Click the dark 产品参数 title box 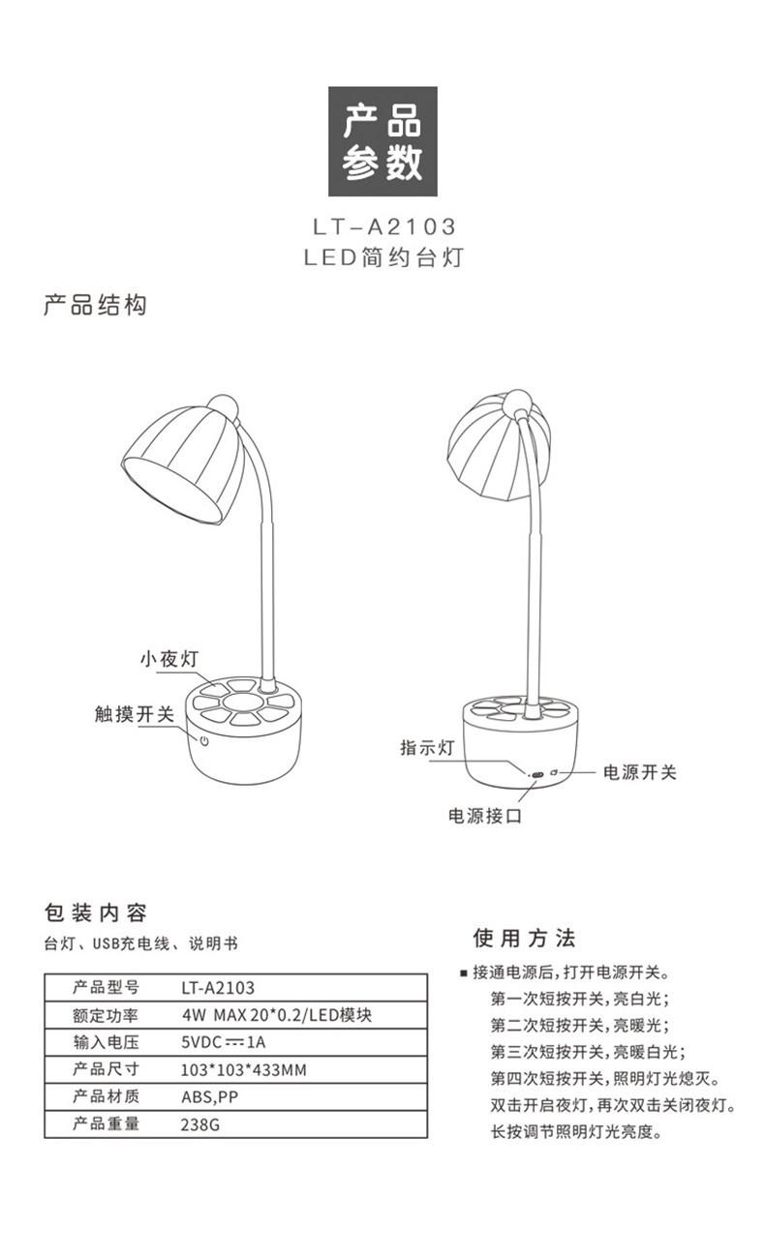[x=382, y=141]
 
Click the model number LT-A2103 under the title [x=383, y=227]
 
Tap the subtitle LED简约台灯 [x=383, y=258]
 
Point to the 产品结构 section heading [x=96, y=306]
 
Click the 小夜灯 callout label [x=168, y=659]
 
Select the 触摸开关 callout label [x=135, y=714]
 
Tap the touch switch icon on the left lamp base [x=205, y=742]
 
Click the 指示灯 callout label [x=427, y=748]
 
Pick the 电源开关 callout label [x=639, y=772]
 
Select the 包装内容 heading [x=96, y=913]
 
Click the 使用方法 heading [x=524, y=938]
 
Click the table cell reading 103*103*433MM [x=244, y=1070]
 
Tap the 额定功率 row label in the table [x=107, y=1016]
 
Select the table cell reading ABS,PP [x=209, y=1097]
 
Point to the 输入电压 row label [x=107, y=1043]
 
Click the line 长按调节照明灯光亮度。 [x=576, y=1132]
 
